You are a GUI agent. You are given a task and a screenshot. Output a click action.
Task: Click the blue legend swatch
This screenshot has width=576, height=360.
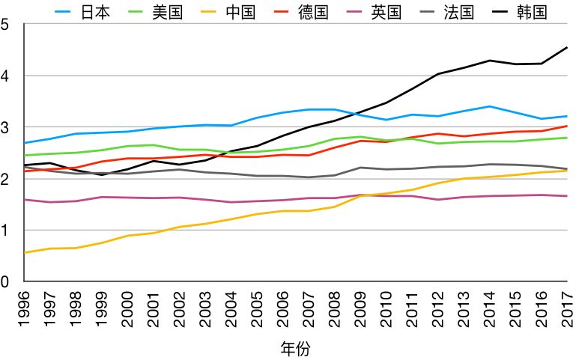(62, 11)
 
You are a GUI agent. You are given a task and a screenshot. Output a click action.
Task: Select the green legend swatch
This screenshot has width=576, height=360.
(136, 11)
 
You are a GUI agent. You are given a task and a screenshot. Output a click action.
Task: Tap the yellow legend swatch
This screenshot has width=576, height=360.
(208, 11)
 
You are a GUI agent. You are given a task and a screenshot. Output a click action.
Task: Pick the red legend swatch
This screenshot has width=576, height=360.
(281, 11)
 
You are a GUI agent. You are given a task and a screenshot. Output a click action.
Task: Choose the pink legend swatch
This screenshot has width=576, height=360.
(354, 11)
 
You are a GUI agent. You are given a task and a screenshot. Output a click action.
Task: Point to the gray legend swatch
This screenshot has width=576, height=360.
(427, 11)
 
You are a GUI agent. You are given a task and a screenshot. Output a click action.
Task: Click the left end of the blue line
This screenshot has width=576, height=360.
(25, 143)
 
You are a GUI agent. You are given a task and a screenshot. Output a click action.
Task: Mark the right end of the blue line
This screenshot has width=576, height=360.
(567, 116)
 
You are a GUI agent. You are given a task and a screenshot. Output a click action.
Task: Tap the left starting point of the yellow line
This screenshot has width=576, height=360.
(25, 253)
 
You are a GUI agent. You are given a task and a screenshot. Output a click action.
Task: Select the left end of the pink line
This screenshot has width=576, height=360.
(25, 200)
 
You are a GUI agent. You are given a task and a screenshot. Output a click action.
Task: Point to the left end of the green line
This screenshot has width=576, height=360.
(25, 156)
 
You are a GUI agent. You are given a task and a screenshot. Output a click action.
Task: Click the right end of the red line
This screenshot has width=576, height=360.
(567, 126)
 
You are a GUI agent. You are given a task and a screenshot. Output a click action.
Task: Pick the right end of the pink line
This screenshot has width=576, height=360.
(567, 196)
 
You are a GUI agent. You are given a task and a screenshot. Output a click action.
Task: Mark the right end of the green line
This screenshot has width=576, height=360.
(567, 138)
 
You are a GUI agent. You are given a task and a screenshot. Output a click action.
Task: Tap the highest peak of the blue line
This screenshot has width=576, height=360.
(490, 106)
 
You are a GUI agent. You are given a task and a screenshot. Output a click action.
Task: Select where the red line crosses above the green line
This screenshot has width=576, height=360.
(401, 138)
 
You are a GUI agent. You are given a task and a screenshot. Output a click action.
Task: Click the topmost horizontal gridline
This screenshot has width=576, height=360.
(296, 23)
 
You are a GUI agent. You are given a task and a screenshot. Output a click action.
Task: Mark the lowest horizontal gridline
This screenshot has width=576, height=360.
(296, 230)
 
